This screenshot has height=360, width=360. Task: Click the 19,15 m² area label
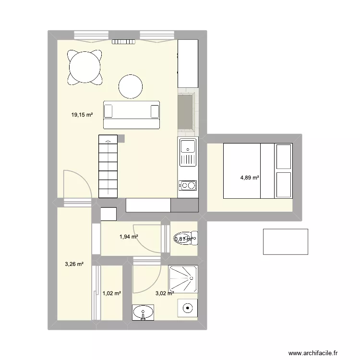coord(82,115)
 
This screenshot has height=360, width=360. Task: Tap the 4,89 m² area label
coord(250,178)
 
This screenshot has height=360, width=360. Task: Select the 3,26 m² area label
coord(74,264)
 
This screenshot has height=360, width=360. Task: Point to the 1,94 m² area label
coord(129,236)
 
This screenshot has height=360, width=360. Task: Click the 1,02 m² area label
coord(111,293)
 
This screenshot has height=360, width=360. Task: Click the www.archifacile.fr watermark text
coord(317,352)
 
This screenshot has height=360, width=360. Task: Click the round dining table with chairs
coord(86,67)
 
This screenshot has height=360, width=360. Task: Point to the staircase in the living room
coord(108,166)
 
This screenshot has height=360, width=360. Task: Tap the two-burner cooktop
coord(188,185)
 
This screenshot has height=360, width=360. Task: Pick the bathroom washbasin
coord(144,313)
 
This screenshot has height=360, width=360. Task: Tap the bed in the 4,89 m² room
coord(258,170)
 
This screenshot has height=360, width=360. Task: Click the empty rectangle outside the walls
coord(285,241)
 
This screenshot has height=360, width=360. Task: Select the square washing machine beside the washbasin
coord(187,308)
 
